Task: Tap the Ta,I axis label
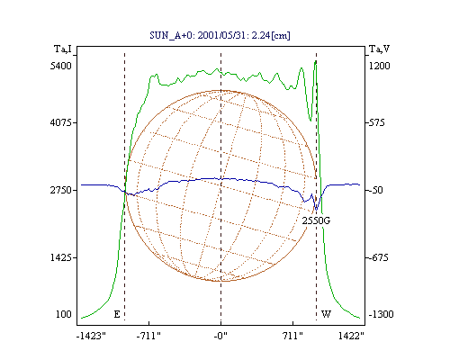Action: tap(63, 49)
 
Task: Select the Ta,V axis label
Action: tap(379, 49)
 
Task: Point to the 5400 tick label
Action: tap(61, 66)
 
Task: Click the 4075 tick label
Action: tap(61, 122)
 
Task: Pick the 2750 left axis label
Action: tap(61, 190)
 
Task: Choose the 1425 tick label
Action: tap(61, 257)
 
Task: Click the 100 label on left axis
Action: tap(64, 314)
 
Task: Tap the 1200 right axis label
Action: tap(379, 66)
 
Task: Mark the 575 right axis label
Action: tap(376, 122)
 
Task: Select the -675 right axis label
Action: tap(378, 257)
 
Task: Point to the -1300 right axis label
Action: tap(381, 314)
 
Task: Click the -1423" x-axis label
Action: tap(91, 336)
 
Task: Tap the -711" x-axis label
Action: tap(148, 336)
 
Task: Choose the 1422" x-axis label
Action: tap(351, 336)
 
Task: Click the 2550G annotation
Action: tap(316, 220)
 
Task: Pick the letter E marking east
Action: tap(117, 314)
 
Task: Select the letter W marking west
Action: tap(326, 314)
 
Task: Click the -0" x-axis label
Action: tap(220, 336)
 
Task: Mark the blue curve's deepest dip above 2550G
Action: tap(316, 209)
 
